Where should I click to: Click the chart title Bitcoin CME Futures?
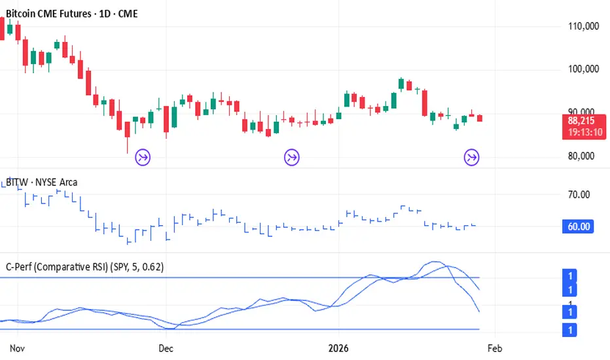pos(52,13)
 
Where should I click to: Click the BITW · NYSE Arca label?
pos(42,183)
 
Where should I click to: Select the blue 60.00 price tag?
pos(577,226)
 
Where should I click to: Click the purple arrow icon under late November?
pos(143,156)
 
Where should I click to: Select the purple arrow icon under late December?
pos(292,156)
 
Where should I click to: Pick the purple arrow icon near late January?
pos(471,156)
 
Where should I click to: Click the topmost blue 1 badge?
pos(571,277)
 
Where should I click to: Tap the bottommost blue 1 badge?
pos(571,331)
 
